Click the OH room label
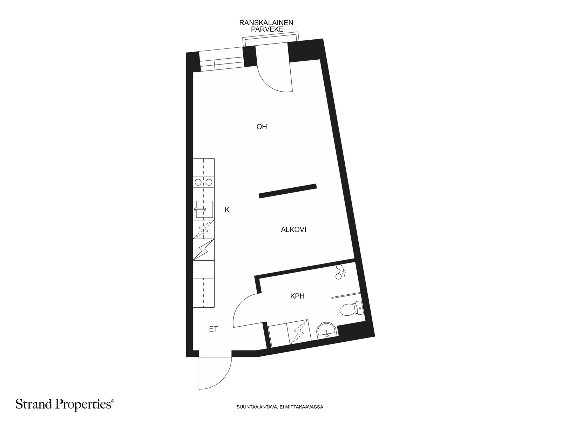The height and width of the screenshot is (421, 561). [x=262, y=127]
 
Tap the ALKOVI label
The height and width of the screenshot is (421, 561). [x=293, y=229]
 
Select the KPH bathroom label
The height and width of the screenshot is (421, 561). [x=297, y=296]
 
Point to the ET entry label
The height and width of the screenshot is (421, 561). [x=214, y=329]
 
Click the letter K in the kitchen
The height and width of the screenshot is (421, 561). [x=227, y=210]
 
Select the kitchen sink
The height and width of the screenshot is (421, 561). [x=204, y=209]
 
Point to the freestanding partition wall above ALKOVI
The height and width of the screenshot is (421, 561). [x=288, y=191]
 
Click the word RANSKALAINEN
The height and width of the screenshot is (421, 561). [x=266, y=23]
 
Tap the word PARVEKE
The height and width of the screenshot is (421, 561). [x=267, y=29]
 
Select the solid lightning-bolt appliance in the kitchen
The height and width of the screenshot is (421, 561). [x=203, y=249]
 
